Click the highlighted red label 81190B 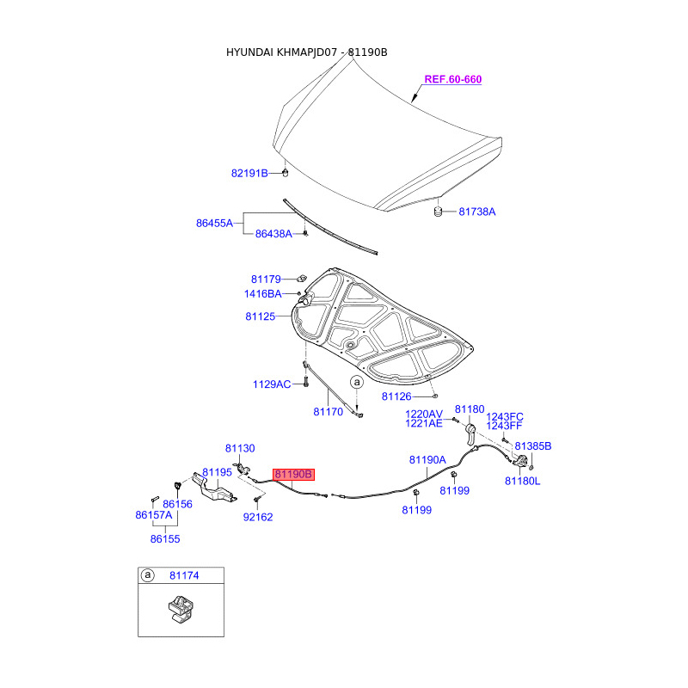[x=294, y=474]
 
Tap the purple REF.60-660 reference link [x=452, y=79]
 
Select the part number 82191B [x=249, y=173]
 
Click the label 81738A [x=476, y=211]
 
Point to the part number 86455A [x=215, y=223]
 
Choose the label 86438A [x=273, y=234]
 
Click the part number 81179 [x=266, y=279]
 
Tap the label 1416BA [x=262, y=294]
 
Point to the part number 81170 [x=328, y=412]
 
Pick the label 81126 [x=396, y=396]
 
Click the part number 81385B [x=533, y=446]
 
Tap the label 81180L [x=522, y=481]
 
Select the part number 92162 [x=257, y=518]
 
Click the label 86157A [x=154, y=515]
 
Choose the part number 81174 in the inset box [x=183, y=574]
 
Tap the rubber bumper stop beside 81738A [x=437, y=211]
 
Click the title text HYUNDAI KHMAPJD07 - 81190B [x=306, y=52]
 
